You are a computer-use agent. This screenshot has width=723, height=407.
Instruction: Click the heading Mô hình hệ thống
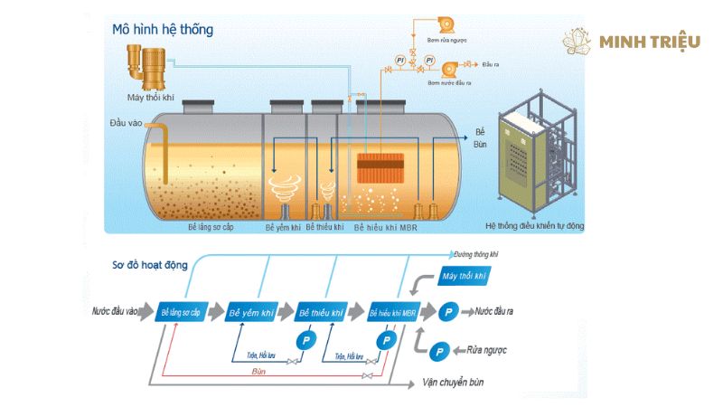point(162,30)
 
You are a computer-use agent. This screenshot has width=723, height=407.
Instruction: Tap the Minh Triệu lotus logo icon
point(577,42)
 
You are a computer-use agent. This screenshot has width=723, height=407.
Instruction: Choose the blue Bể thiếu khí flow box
point(322,312)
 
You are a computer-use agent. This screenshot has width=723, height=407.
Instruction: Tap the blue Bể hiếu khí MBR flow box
point(391,312)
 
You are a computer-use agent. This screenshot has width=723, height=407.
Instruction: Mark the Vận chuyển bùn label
point(453,383)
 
